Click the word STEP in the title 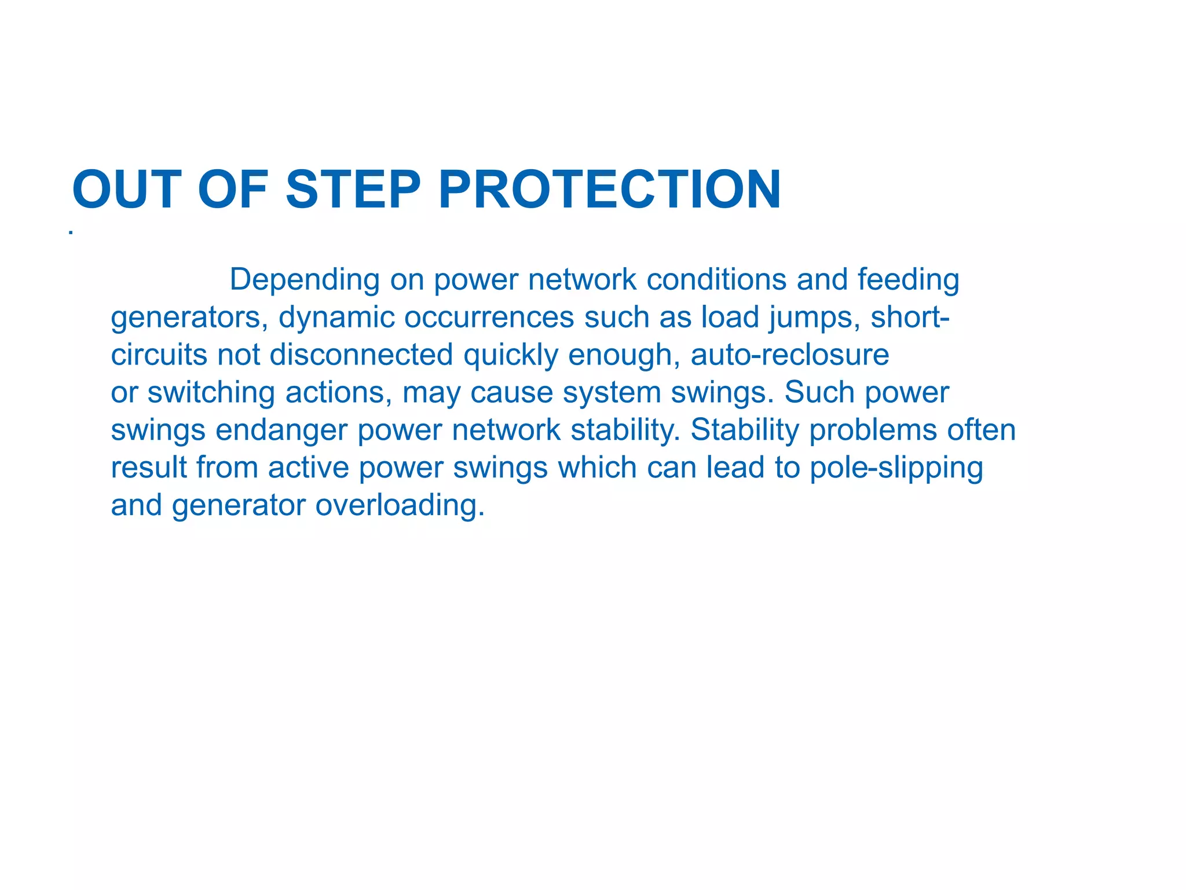[x=353, y=189]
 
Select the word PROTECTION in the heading [x=610, y=189]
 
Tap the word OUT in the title [x=126, y=189]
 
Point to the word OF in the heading [x=233, y=189]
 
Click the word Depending [x=304, y=280]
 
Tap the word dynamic [x=336, y=318]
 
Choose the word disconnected [x=361, y=355]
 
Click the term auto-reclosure [x=790, y=355]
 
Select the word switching [x=211, y=393]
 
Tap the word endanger [x=281, y=431]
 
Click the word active [x=309, y=468]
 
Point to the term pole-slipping [x=896, y=468]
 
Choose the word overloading [x=400, y=505]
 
